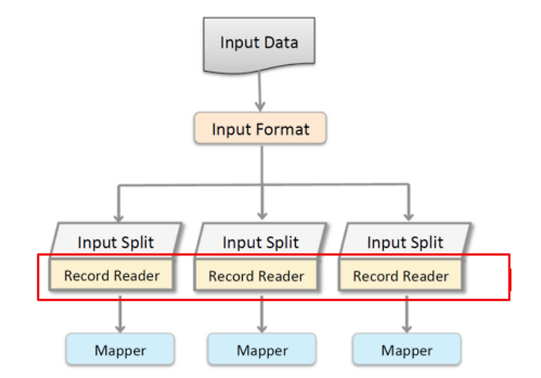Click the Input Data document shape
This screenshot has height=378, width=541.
[x=259, y=44]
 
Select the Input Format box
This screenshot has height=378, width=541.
[x=260, y=128]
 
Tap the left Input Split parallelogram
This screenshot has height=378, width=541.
[x=116, y=241]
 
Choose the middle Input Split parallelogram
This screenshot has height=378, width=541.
[x=260, y=241]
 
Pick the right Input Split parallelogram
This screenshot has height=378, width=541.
[x=405, y=241]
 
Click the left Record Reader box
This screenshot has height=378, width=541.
[x=112, y=276]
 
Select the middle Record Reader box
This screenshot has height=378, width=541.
[x=256, y=276]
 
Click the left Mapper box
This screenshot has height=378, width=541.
[x=120, y=350]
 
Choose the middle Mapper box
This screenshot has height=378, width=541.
[x=262, y=350]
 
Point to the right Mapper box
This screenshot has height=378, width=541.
[x=406, y=350]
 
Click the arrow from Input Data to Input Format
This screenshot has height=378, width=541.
[x=260, y=91]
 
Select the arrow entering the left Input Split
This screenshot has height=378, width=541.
[x=119, y=203]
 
